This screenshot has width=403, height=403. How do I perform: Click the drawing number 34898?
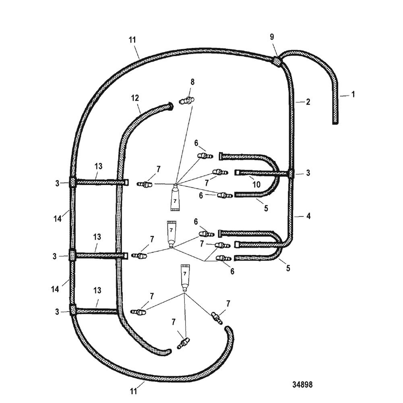tap(302, 384)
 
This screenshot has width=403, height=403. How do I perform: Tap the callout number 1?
tap(353, 94)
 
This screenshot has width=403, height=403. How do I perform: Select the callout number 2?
tap(308, 102)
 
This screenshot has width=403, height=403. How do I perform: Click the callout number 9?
tap(272, 37)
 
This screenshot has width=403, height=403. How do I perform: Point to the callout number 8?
tap(192, 82)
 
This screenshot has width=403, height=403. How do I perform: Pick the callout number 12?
tap(135, 98)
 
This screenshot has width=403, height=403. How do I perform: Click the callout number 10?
tap(256, 184)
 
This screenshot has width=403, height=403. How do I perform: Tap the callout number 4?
tap(308, 216)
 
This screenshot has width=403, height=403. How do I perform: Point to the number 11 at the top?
tap(132, 40)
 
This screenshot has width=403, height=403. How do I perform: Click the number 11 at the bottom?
tap(133, 391)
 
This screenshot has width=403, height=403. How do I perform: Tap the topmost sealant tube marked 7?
tap(175, 198)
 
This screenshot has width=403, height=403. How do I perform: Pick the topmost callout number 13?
tap(98, 166)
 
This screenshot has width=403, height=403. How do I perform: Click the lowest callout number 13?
tap(97, 290)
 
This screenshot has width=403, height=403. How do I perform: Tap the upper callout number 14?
tap(57, 218)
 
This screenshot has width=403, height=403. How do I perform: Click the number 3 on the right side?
tap(308, 172)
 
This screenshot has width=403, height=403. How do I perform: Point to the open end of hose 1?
tap(335, 123)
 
